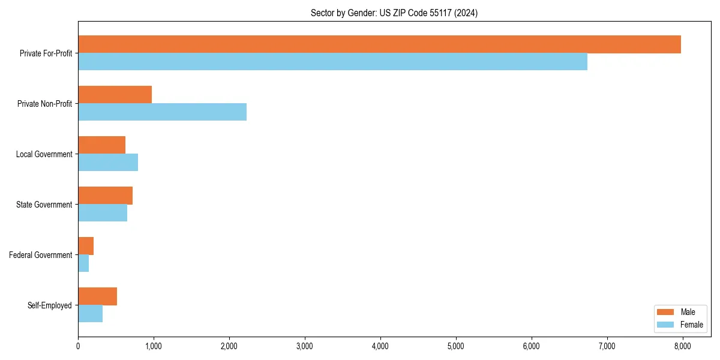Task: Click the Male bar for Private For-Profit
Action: (379, 44)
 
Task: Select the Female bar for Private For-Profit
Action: (332, 62)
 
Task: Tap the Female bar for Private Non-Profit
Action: (162, 112)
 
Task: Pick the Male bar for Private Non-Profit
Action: (115, 95)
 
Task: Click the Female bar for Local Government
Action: (108, 163)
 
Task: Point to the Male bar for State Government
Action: (105, 196)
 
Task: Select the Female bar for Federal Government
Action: (83, 263)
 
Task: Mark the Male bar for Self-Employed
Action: (97, 296)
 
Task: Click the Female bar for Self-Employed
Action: (90, 314)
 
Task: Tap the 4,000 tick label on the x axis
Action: (380, 346)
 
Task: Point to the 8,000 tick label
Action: (683, 346)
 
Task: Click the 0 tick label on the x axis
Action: (78, 346)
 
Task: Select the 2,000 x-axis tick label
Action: (229, 346)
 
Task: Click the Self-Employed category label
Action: (50, 305)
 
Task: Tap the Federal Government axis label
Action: (41, 255)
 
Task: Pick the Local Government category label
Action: (44, 154)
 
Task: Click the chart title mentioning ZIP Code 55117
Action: (394, 13)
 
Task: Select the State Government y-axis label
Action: (44, 205)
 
